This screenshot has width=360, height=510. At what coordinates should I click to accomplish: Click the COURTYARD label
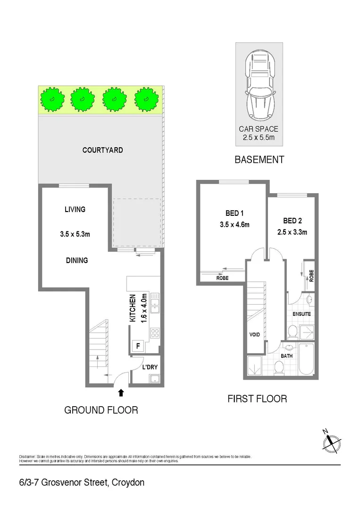[x=102, y=150]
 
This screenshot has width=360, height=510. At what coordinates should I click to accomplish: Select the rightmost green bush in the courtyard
[x=146, y=99]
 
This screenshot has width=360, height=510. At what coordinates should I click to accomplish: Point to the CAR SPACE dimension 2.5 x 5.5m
[x=259, y=137]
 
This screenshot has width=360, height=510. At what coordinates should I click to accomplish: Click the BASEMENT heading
[x=259, y=160]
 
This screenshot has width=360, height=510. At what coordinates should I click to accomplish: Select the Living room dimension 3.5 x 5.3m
[x=75, y=233]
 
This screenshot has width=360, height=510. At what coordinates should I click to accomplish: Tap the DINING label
[x=76, y=260]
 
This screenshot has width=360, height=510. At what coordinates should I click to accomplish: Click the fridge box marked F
[x=138, y=346]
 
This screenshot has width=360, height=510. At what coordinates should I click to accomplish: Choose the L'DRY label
[x=150, y=366]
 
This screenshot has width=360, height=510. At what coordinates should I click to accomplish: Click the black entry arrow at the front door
[x=121, y=392]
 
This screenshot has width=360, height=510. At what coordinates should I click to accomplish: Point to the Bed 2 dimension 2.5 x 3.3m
[x=292, y=232]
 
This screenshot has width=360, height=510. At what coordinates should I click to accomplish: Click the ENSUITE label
[x=301, y=314]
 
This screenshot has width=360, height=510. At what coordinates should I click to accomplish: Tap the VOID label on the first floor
[x=255, y=334]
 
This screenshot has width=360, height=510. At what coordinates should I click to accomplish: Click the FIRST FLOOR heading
[x=257, y=399]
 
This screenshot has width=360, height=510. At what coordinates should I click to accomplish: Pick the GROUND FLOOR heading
[x=101, y=410]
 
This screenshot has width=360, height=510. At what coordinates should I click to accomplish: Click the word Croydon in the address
[x=127, y=483]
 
